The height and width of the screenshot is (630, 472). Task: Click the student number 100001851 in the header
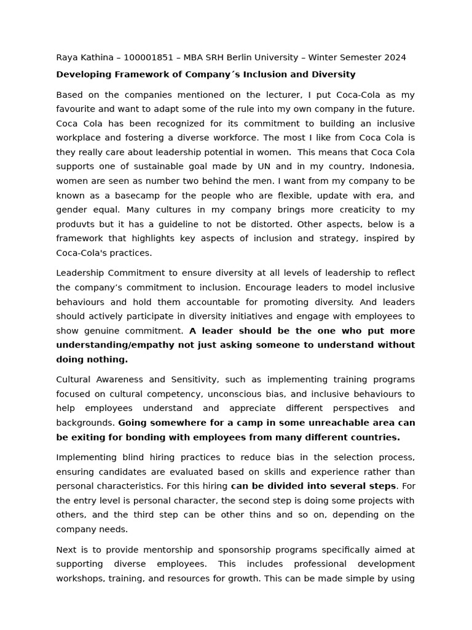coord(148,58)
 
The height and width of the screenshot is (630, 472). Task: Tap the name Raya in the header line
coord(68,58)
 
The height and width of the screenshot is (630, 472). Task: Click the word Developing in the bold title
coord(84,74)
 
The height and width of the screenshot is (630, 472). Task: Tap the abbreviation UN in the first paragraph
coord(283,167)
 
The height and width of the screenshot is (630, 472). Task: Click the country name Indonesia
coord(391,167)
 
